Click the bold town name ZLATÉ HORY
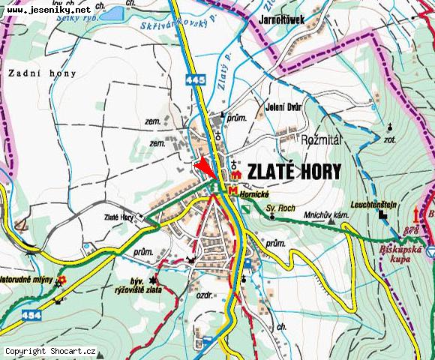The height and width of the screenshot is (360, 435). (x=294, y=171)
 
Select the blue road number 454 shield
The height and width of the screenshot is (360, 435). (x=10, y=315)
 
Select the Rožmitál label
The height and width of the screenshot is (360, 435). (x=320, y=139)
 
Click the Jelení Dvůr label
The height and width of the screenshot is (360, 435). (x=283, y=107)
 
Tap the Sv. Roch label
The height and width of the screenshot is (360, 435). (x=278, y=207)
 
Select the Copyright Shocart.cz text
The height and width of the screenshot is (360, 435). (x=50, y=351)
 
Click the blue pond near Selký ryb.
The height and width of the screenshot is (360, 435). (x=111, y=13)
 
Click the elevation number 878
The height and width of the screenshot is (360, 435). (x=410, y=229)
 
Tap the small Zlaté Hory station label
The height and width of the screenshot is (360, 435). (x=119, y=217)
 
